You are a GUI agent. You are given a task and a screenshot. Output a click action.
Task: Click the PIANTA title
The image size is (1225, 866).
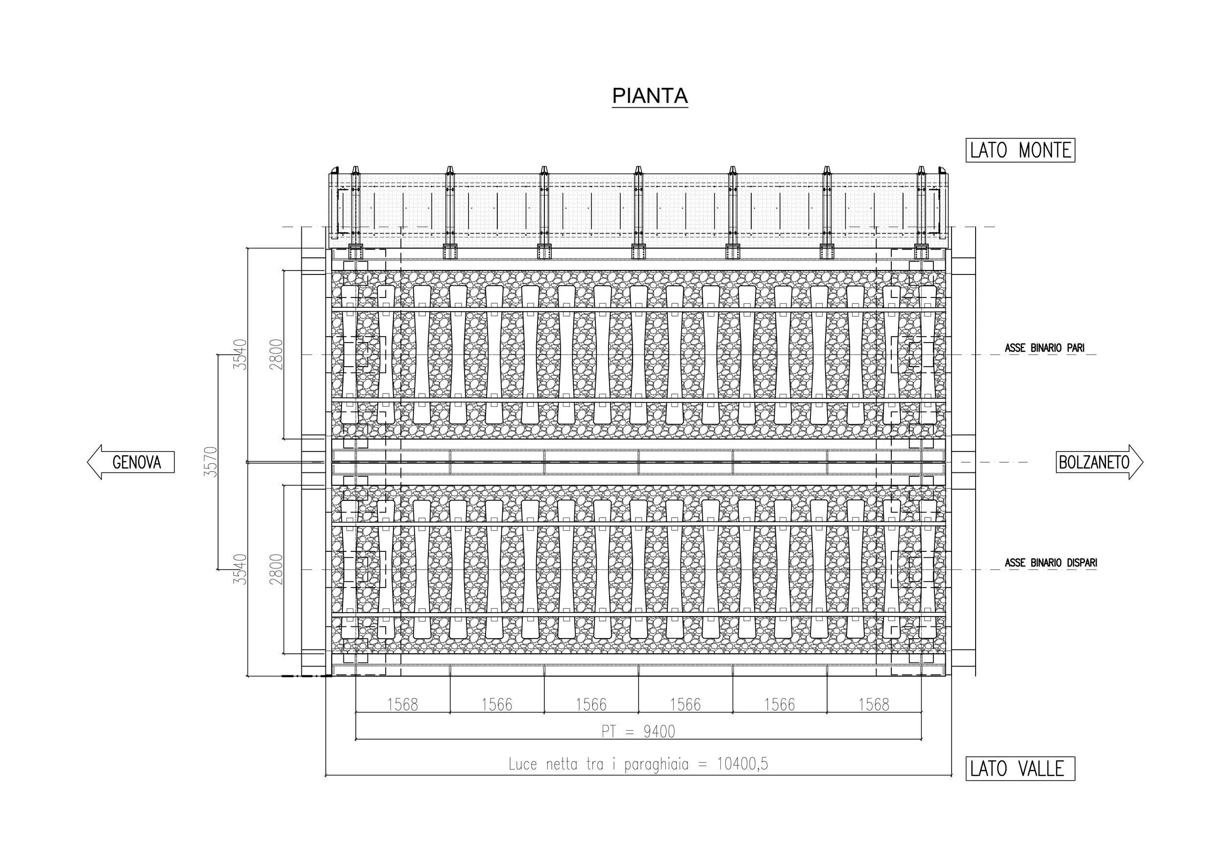pos(650,96)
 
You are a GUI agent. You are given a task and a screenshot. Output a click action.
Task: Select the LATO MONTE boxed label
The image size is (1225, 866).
pos(1020,150)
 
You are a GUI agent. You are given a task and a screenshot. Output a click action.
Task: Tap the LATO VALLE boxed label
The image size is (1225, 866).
pos(1020,769)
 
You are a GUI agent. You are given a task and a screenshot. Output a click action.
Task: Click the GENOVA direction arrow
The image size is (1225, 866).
pos(131,462)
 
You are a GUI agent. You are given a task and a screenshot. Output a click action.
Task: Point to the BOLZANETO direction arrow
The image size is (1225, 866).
pos(1100,462)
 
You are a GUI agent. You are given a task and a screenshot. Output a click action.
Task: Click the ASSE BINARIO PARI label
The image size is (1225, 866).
pos(1044,348)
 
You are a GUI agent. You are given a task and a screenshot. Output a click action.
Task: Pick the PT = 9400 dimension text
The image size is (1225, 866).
pos(638,731)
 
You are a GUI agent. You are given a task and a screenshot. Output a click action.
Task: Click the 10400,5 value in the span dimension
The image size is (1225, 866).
pos(742,764)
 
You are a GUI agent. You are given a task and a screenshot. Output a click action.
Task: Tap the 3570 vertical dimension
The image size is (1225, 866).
pos(212,462)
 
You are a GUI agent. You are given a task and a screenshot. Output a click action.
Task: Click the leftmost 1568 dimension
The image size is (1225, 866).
pos(402,705)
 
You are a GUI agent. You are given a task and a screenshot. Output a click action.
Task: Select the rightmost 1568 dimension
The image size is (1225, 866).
pos(874,705)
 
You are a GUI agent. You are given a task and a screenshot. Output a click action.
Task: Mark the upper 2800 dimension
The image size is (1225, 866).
pos(276,354)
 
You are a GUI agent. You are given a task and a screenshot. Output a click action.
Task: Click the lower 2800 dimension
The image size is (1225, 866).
pos(276,569)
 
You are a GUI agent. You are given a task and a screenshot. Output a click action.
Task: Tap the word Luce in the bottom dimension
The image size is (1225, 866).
pos(523,764)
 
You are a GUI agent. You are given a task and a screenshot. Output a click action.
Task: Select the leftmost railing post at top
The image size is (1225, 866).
pos(355,212)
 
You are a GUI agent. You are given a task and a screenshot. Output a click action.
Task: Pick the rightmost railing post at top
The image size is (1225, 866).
pos(921,212)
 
